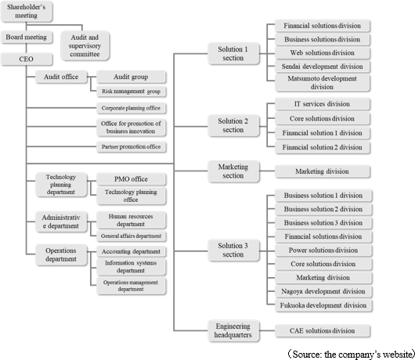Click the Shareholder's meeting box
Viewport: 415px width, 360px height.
point(27,11)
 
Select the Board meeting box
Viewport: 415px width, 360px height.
point(27,38)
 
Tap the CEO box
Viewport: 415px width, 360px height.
point(27,59)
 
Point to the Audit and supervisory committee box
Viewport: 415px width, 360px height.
point(85,45)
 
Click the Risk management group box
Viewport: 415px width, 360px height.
point(132,92)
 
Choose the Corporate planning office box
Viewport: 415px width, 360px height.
point(132,108)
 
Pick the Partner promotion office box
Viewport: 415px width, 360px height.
point(132,147)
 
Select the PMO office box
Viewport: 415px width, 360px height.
point(132,179)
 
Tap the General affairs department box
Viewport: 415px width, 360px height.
point(132,236)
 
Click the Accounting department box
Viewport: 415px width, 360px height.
point(132,251)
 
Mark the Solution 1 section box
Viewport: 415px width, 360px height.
point(233,53)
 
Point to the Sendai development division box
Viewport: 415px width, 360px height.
point(323,67)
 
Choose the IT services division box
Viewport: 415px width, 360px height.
point(323,104)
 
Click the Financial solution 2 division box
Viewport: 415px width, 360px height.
point(323,147)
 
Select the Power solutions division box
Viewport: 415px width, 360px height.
point(323,250)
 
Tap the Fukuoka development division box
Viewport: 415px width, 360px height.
point(323,305)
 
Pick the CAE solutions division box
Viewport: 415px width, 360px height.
point(323,331)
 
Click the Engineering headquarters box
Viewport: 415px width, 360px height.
point(233,330)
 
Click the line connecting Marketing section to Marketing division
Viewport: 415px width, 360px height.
point(267,171)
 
